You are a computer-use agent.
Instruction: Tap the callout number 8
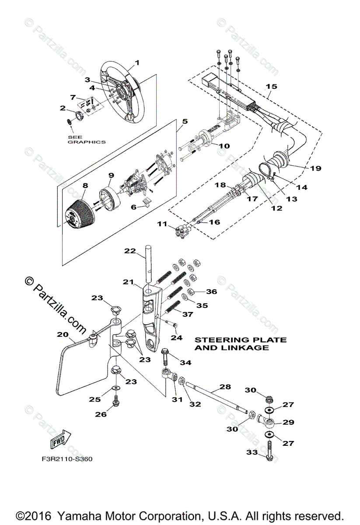pos(84,185)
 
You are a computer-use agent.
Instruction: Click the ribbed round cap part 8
pos(79,213)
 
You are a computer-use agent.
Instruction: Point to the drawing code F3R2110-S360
pos(65,459)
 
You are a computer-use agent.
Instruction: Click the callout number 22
pos(129,251)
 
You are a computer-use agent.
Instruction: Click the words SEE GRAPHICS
pos(86,139)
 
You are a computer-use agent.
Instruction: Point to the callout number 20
pos(63,335)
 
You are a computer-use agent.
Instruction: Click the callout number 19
pos(315,168)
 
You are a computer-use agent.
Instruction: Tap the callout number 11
pos(163,224)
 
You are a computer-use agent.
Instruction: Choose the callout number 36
pos(211,291)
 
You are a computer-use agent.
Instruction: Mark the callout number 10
pos(224,145)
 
